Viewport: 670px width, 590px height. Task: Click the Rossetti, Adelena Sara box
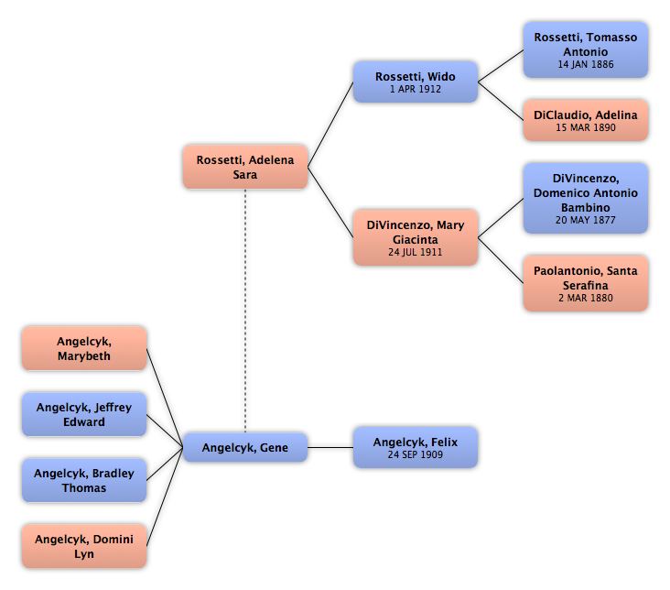point(245,167)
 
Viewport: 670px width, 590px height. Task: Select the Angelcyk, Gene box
point(245,447)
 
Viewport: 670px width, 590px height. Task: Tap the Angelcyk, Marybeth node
point(84,348)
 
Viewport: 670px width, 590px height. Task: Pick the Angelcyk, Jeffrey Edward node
point(84,414)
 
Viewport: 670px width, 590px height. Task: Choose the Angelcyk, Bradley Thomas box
point(84,480)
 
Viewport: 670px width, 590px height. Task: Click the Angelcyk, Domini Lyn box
point(84,546)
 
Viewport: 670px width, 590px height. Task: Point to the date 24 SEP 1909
point(416,454)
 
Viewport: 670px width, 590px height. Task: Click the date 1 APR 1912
point(416,89)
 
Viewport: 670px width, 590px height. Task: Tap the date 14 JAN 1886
point(586,64)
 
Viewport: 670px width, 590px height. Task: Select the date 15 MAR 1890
point(586,127)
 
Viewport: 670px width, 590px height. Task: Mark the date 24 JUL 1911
point(416,253)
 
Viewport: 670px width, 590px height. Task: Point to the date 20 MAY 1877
point(586,220)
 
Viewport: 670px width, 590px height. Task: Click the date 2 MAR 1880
point(586,298)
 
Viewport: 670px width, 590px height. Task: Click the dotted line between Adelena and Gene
point(245,311)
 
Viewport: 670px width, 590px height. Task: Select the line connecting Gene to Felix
point(330,447)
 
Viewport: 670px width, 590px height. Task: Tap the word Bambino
point(586,207)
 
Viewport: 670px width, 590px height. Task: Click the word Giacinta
point(416,240)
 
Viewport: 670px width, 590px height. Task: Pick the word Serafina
point(586,285)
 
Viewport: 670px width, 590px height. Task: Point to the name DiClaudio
point(562,115)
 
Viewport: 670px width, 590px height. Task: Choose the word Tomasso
point(612,38)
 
